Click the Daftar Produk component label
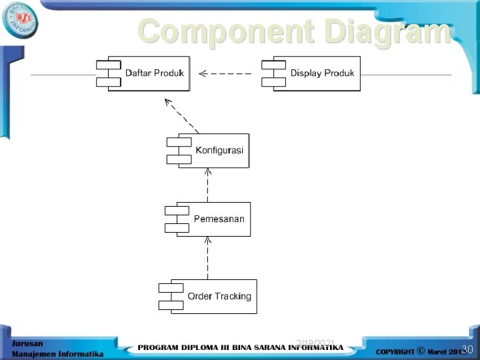155,73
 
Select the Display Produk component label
322,73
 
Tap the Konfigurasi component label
219,150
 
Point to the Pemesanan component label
219,219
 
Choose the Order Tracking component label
219,296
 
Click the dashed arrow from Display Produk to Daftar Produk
227,73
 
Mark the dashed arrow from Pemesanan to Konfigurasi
208,185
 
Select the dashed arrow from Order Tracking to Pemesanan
208,258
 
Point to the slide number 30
467,349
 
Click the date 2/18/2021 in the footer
315,343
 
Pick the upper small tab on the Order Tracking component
170,288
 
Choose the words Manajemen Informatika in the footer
57,353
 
